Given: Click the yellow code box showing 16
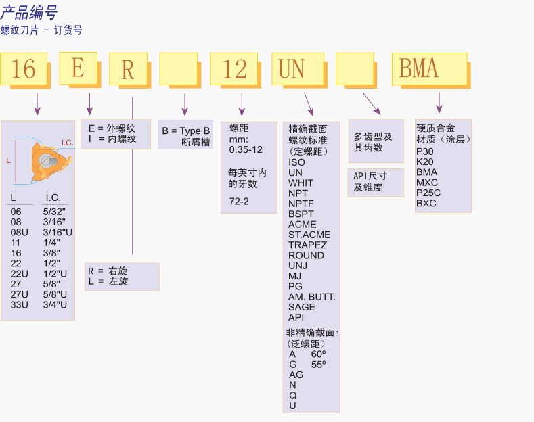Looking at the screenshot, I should [24, 69].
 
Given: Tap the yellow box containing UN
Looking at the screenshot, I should [292, 69].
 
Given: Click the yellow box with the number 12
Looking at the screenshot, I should [234, 69].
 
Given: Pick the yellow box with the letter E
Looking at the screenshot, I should [78, 68].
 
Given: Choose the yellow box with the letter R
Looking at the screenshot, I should [128, 69].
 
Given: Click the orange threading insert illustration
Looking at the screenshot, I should [47, 161].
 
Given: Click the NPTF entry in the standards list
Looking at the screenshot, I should [301, 204].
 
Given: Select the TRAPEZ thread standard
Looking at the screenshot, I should [307, 245].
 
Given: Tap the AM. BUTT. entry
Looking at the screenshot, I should [312, 297].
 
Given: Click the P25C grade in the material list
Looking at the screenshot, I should [428, 193].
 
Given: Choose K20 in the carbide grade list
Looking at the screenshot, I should [425, 162].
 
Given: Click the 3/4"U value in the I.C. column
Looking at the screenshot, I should [55, 304].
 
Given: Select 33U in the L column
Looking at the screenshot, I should [20, 304].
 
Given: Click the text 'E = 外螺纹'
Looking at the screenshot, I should [112, 128].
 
